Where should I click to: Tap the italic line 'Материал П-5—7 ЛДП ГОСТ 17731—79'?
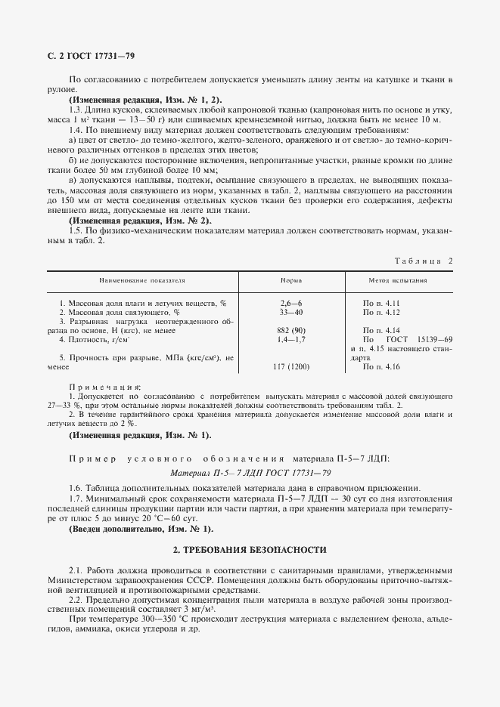[x=250, y=472]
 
